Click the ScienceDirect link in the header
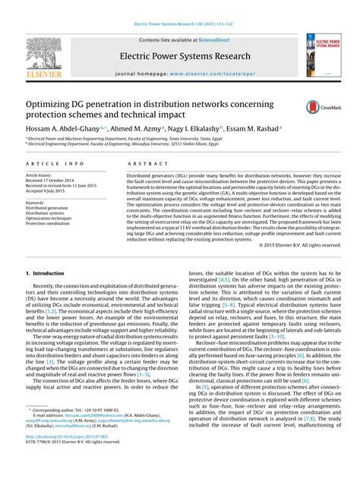pos(207,40)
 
